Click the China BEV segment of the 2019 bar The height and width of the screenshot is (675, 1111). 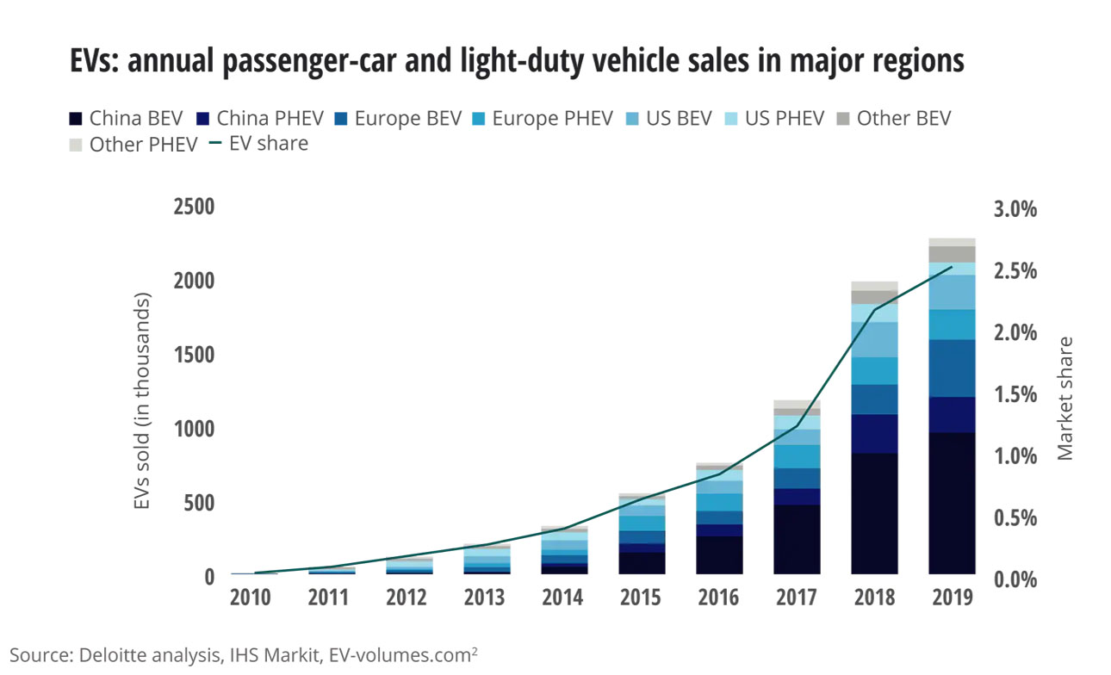(x=952, y=503)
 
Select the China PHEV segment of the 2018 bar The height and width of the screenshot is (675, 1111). (x=874, y=433)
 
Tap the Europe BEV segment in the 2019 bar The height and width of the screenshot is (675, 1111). (x=952, y=368)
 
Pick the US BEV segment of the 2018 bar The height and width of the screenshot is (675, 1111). (x=874, y=339)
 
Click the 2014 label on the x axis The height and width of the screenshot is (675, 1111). (x=564, y=598)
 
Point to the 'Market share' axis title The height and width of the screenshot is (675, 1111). (x=1066, y=398)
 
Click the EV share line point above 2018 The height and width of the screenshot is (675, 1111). (x=874, y=310)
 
